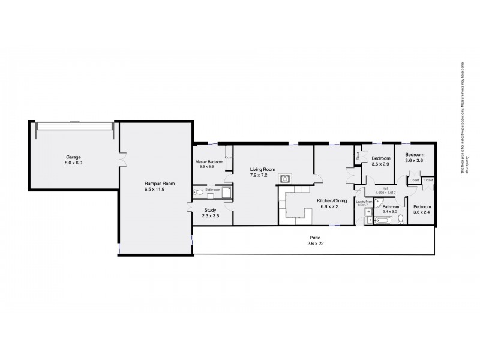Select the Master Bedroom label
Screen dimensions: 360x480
209,162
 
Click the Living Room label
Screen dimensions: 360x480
262,170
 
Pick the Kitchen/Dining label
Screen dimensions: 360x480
331,202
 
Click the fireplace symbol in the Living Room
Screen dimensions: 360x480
286,178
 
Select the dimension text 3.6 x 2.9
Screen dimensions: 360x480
381,164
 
